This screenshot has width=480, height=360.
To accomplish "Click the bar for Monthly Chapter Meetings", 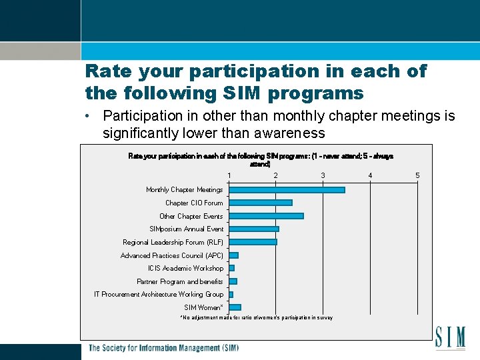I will tap(287, 190).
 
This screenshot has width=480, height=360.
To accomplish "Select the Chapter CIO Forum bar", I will tap(260, 203).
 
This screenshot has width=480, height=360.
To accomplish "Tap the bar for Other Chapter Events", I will tap(266, 216).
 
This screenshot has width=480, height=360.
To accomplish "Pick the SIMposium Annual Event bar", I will tap(253, 229).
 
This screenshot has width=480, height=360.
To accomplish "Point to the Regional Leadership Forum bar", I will tap(253, 242).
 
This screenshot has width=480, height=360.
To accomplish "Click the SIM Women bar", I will tap(235, 307).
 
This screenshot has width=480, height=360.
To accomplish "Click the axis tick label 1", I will tap(229, 175).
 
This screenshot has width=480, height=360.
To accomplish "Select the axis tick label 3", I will tap(323, 175).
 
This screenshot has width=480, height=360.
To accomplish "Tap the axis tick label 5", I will tap(417, 175).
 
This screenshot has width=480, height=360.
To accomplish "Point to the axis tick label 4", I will tap(370, 175).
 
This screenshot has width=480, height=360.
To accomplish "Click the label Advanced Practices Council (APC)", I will tap(172, 255).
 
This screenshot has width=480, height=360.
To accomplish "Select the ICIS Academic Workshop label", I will tap(186, 268).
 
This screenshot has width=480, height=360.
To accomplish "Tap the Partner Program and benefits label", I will tap(180, 281).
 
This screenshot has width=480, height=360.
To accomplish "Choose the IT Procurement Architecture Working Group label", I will tap(159, 294).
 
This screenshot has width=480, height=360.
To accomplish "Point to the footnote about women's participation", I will tap(257, 318).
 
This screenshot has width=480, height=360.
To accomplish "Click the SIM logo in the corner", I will tap(450, 337).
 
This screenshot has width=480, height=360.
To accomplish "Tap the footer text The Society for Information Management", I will tap(163, 348).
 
